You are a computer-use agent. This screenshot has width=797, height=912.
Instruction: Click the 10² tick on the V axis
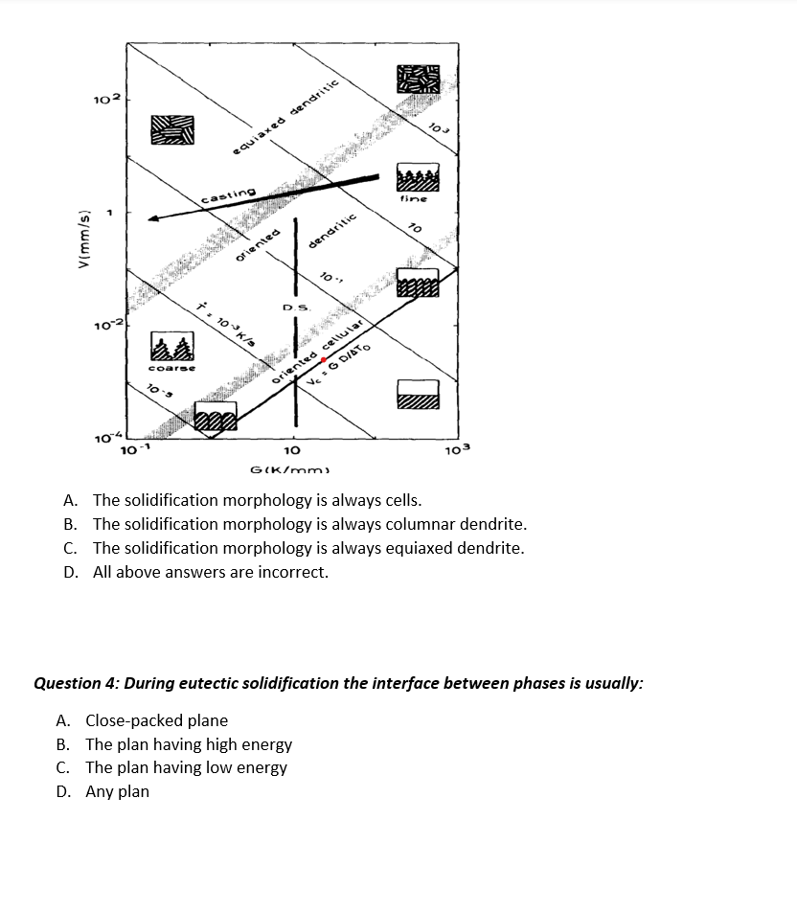click(x=106, y=100)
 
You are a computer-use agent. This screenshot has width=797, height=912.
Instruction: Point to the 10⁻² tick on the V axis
click(x=106, y=329)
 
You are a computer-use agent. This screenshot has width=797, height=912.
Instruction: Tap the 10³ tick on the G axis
click(x=459, y=450)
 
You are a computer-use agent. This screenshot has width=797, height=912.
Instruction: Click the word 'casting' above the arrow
click(x=228, y=194)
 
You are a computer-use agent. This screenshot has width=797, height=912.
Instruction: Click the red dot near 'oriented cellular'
click(x=324, y=360)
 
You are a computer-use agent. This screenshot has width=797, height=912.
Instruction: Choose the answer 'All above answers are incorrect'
click(x=210, y=572)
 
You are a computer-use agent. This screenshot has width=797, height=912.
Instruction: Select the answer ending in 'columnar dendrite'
click(x=308, y=524)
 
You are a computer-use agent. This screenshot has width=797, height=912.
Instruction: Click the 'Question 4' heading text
click(x=337, y=683)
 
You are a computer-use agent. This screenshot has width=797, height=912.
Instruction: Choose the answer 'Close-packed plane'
click(x=156, y=720)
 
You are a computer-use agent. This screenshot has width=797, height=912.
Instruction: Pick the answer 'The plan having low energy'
click(x=186, y=767)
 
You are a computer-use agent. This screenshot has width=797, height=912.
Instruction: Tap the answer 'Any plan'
click(x=117, y=791)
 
